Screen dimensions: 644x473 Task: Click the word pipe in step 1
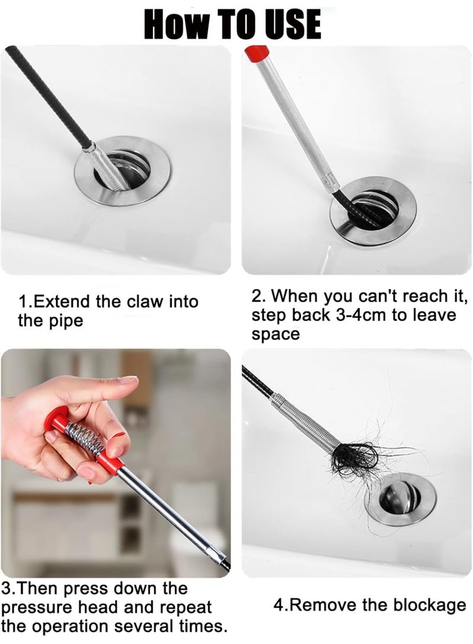[x=66, y=322]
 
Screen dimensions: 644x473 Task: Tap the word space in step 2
[x=276, y=335]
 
